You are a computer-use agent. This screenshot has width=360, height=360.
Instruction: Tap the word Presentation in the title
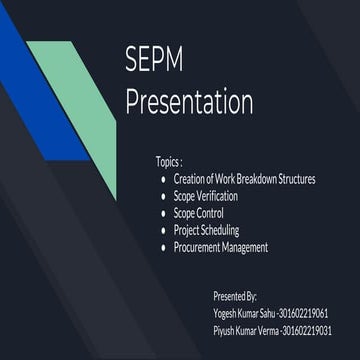coord(189,101)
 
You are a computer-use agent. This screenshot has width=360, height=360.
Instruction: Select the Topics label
coord(169,161)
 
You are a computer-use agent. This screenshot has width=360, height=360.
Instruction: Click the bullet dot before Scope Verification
coord(163,197)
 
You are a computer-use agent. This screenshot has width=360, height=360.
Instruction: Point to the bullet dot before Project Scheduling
coord(163,231)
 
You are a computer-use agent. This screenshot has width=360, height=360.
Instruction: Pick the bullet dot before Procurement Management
coord(163,248)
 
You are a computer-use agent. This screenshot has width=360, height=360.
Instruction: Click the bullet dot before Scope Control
coord(163,214)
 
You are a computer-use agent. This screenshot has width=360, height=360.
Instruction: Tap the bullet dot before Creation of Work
coord(163,180)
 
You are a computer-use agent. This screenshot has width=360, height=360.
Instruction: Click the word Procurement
coord(201,247)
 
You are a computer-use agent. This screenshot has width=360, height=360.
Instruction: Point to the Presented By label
coord(235,297)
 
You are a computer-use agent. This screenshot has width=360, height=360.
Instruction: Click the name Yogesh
coord(226,313)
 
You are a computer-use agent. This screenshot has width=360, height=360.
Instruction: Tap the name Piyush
coord(225,330)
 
